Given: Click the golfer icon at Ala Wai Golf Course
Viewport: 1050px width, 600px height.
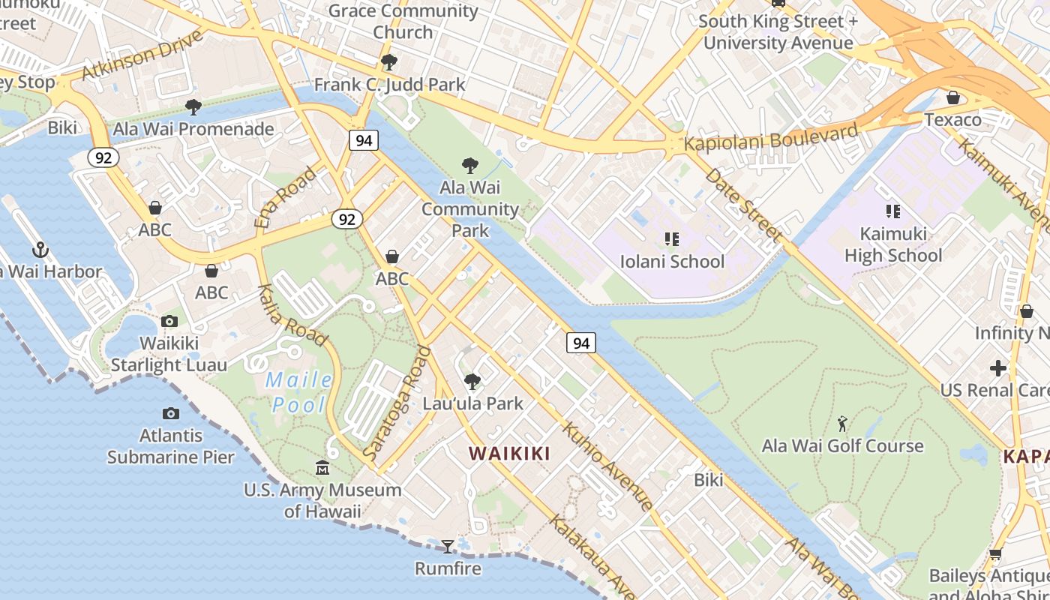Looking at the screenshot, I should click(x=843, y=424).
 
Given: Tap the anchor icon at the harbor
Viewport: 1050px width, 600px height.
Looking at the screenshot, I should click(x=40, y=250).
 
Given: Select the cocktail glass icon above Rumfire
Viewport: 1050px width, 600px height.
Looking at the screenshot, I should click(x=448, y=546).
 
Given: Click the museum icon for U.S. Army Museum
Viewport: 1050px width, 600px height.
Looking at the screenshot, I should click(x=322, y=467).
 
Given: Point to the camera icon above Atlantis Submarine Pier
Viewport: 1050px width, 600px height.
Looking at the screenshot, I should click(x=171, y=413).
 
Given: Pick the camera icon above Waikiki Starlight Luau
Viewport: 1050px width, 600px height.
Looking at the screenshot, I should click(x=169, y=321).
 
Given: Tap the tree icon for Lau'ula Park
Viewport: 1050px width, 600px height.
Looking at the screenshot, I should click(x=472, y=382).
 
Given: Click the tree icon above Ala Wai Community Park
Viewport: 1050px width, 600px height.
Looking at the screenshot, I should click(x=470, y=165).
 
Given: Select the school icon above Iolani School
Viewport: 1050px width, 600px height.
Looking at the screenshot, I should click(x=671, y=239).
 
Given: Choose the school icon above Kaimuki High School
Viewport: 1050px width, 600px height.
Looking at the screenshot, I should click(x=892, y=211).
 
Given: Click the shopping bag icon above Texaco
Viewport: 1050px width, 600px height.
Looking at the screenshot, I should click(x=952, y=97).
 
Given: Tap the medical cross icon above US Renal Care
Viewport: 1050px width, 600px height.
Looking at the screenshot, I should click(x=998, y=368).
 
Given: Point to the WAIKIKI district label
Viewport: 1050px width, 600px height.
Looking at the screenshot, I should click(x=509, y=453).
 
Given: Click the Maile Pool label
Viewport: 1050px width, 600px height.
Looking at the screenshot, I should click(x=299, y=392).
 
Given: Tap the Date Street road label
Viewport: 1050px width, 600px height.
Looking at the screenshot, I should click(x=742, y=203).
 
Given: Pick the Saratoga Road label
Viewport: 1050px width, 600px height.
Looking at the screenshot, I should click(x=397, y=403).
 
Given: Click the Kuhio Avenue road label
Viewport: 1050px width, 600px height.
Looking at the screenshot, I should click(x=607, y=466).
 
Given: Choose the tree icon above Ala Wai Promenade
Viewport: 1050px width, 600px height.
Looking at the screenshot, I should click(x=193, y=107).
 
